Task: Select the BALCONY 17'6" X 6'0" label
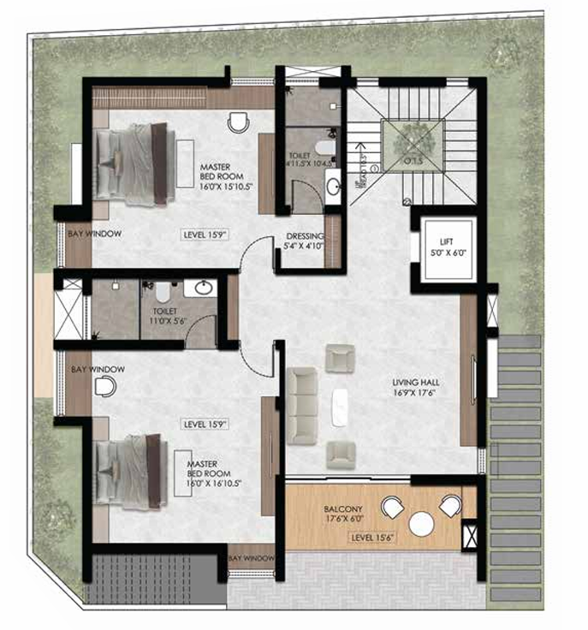click(x=343, y=513)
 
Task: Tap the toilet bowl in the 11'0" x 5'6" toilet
click(x=163, y=290)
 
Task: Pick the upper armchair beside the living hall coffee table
click(x=340, y=358)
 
